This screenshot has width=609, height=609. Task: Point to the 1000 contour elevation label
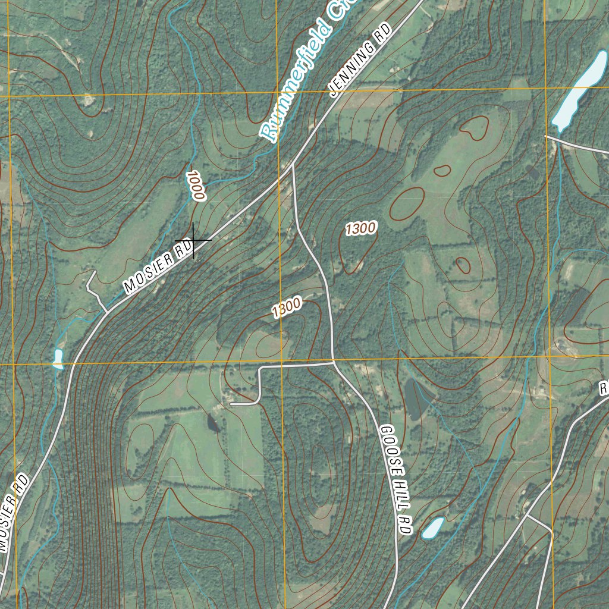click(195, 186)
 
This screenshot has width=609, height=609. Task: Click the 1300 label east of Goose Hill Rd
click(360, 228)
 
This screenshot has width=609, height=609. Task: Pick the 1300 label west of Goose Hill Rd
click(286, 307)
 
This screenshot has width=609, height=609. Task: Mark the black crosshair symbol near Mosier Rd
click(193, 240)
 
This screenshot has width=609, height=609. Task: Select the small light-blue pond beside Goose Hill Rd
click(433, 528)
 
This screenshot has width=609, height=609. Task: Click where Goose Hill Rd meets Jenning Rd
click(293, 166)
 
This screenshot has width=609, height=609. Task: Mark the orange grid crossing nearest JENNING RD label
click(278, 93)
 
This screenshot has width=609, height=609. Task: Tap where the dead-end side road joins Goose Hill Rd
click(333, 362)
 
